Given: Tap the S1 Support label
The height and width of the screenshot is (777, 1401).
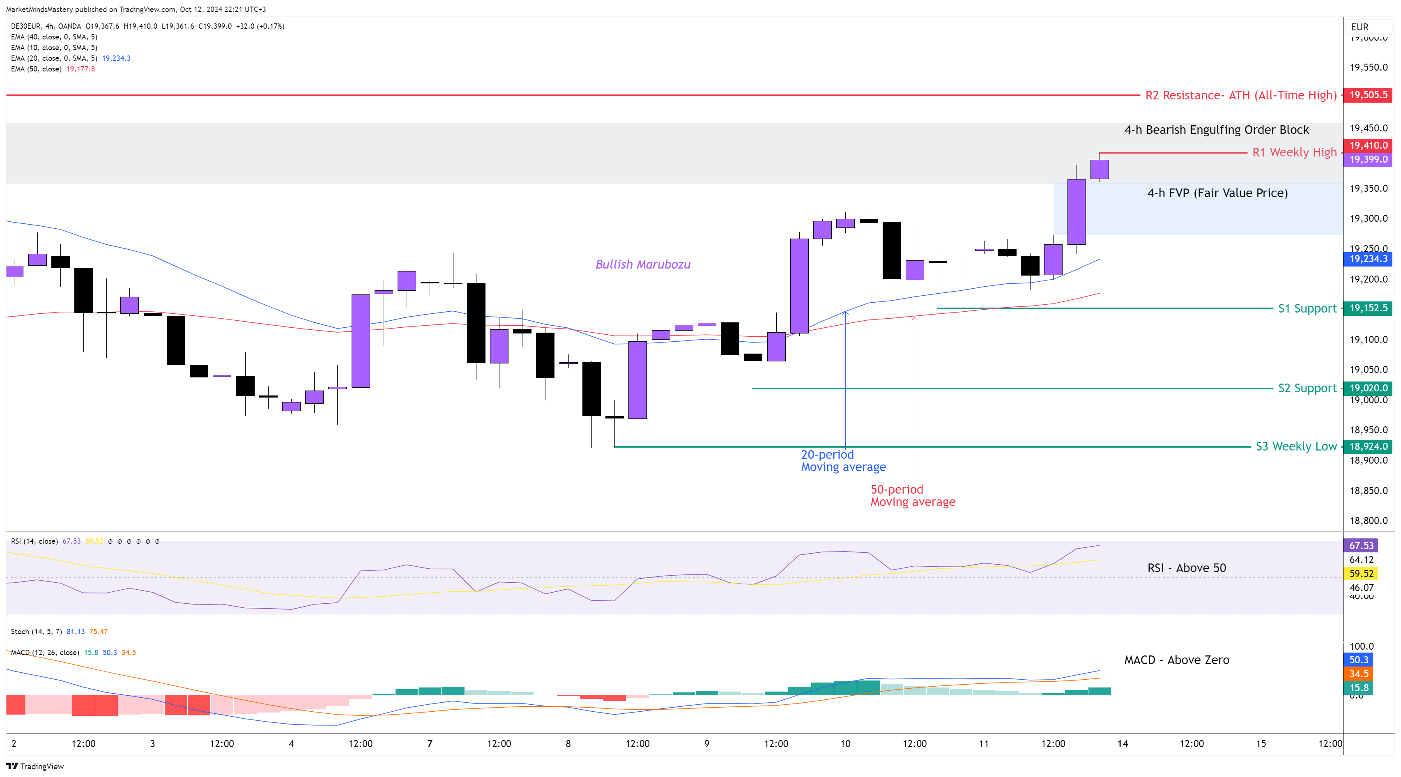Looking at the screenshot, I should [x=1307, y=308].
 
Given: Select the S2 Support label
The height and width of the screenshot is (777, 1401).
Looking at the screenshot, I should [x=1307, y=388].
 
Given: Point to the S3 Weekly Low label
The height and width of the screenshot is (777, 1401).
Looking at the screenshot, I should [x=1295, y=446].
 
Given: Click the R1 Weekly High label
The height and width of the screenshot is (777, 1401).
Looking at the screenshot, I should [x=1294, y=152].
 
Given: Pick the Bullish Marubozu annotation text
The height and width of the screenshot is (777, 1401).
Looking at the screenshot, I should [x=643, y=264].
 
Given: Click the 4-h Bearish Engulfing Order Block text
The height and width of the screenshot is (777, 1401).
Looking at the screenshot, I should [x=1216, y=130].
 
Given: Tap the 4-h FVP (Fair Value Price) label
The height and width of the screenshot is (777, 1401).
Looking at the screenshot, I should [x=1217, y=193].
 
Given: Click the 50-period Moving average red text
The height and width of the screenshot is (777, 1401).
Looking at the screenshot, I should [x=913, y=495].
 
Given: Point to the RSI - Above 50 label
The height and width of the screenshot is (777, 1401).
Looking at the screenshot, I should [x=1186, y=568].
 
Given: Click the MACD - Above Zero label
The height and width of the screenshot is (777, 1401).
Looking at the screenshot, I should [x=1176, y=660].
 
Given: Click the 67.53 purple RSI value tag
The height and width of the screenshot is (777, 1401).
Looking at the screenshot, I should [x=1361, y=545].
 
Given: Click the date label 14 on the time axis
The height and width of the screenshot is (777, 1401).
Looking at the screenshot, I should [x=1123, y=743].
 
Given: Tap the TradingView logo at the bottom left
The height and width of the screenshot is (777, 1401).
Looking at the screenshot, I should [x=35, y=766].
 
